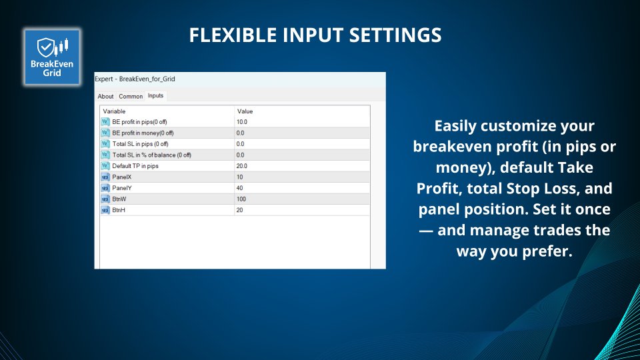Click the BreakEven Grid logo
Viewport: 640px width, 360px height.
coord(52,57)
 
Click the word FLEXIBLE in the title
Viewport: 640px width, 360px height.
coord(233,35)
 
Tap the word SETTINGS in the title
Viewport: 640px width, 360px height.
coord(395,35)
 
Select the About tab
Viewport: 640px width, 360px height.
coord(105,96)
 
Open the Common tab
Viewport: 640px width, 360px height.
coord(131,96)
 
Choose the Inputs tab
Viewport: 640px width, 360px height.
coord(155,95)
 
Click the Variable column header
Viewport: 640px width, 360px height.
coord(114,111)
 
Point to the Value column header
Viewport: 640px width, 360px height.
coord(245,111)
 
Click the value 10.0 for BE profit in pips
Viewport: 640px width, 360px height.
coord(241,121)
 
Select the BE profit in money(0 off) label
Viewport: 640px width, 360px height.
coord(143,133)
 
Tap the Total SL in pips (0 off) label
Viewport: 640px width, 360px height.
coord(141,144)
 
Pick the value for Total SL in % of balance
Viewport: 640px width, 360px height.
coord(240,155)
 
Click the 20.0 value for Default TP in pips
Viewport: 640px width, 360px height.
coord(241,166)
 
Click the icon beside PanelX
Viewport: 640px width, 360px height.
coord(105,177)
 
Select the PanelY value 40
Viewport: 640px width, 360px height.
coord(239,188)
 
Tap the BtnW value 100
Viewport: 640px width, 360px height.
coord(241,199)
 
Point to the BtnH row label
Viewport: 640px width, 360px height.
coord(119,210)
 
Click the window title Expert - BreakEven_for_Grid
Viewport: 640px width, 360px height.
coord(135,79)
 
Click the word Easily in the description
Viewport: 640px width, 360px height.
coord(455,126)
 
